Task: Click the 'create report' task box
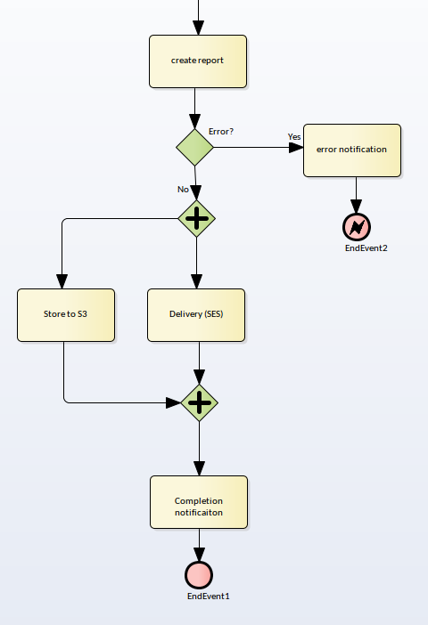[198, 61]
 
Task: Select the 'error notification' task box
[352, 150]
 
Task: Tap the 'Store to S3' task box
[66, 315]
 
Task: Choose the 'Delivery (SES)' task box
[196, 315]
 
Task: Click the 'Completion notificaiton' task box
[199, 502]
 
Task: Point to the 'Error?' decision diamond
[195, 147]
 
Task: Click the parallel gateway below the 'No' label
[196, 218]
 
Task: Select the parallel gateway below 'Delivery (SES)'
[199, 402]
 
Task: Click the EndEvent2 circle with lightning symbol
[357, 227]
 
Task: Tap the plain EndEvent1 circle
[199, 575]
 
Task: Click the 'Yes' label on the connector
[294, 137]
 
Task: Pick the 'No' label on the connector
[183, 190]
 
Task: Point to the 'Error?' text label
[221, 132]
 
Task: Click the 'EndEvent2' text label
[366, 248]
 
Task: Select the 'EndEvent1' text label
[209, 596]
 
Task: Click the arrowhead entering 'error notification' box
[296, 148]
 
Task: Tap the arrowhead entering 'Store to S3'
[62, 281]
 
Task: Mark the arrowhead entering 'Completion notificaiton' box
[199, 468]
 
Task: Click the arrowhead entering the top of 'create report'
[199, 28]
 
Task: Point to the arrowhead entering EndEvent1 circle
[199, 555]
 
